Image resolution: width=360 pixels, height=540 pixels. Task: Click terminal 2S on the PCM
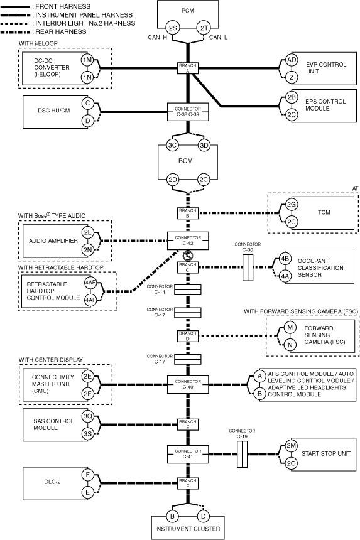[172, 28]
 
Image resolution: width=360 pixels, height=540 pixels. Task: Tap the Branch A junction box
[188, 68]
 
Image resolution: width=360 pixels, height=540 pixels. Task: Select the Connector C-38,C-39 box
[188, 112]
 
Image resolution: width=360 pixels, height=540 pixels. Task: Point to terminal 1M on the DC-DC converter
[87, 60]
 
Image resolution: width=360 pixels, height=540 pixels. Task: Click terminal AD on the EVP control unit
[292, 60]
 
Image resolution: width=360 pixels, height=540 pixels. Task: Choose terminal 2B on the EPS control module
[292, 97]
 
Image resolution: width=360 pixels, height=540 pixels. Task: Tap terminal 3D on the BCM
[204, 145]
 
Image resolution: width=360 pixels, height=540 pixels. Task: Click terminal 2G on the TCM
[292, 205]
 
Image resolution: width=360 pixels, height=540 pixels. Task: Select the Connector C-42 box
[188, 240]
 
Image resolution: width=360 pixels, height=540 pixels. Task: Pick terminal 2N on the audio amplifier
[87, 250]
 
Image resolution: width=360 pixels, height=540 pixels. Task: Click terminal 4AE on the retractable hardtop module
[90, 283]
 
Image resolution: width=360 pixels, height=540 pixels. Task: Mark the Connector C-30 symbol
[248, 267]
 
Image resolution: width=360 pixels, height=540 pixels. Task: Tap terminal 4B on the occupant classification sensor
[285, 259]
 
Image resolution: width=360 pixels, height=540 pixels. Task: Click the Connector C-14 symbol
[187, 290]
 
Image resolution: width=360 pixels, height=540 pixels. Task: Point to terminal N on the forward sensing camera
[290, 345]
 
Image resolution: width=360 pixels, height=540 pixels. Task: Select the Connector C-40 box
[188, 384]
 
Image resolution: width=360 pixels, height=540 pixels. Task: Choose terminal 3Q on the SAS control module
[87, 416]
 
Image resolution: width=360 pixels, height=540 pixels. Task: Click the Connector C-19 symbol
[242, 454]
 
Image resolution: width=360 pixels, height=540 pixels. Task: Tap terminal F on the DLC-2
[87, 475]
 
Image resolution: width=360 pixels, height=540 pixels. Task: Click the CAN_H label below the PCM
[158, 37]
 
